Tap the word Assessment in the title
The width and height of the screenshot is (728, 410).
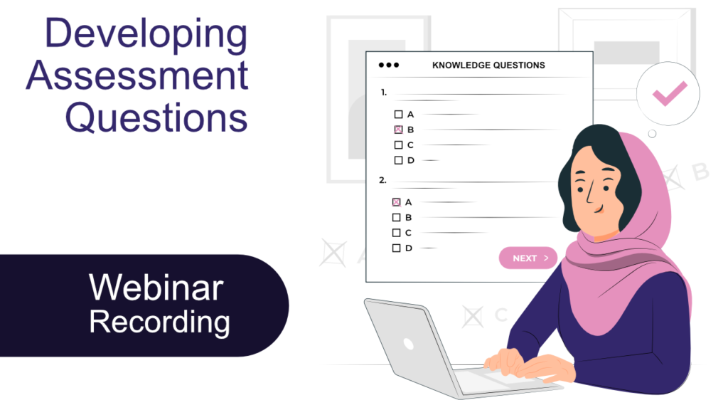(x=137, y=75)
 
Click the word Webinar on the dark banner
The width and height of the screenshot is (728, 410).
(x=156, y=288)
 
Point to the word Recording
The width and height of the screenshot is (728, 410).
(x=159, y=322)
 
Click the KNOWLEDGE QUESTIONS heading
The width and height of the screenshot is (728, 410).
(x=488, y=65)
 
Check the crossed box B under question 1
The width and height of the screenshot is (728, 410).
(x=398, y=130)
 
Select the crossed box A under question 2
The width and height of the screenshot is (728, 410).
(x=396, y=202)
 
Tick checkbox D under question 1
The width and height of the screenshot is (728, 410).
(x=398, y=160)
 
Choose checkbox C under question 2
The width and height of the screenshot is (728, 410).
(x=396, y=233)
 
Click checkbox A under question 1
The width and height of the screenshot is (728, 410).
(x=398, y=114)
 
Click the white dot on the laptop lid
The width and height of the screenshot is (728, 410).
(x=408, y=344)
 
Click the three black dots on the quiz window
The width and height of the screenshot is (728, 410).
(x=388, y=65)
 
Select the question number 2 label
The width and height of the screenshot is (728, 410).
(x=382, y=181)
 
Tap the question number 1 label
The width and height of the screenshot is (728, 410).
(x=383, y=92)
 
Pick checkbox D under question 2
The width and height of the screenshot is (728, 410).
(x=396, y=248)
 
